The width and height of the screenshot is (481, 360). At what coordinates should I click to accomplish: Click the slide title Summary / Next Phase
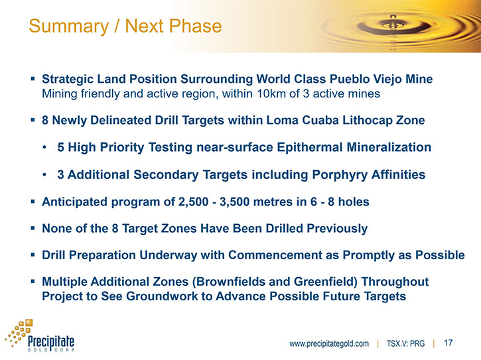point(125,26)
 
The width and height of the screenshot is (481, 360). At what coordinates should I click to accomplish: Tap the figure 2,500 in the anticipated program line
point(191,202)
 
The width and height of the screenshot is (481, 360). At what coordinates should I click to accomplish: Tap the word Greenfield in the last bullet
point(324,282)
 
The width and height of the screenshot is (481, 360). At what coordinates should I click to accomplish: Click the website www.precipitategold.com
point(329,343)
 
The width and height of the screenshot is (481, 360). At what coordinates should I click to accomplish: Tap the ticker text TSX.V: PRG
point(405,343)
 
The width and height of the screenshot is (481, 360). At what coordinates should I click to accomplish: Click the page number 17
point(448,343)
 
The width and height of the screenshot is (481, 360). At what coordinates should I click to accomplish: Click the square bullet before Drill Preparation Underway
point(33,255)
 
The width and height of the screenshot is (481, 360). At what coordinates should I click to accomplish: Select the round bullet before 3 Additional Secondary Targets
point(44,175)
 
